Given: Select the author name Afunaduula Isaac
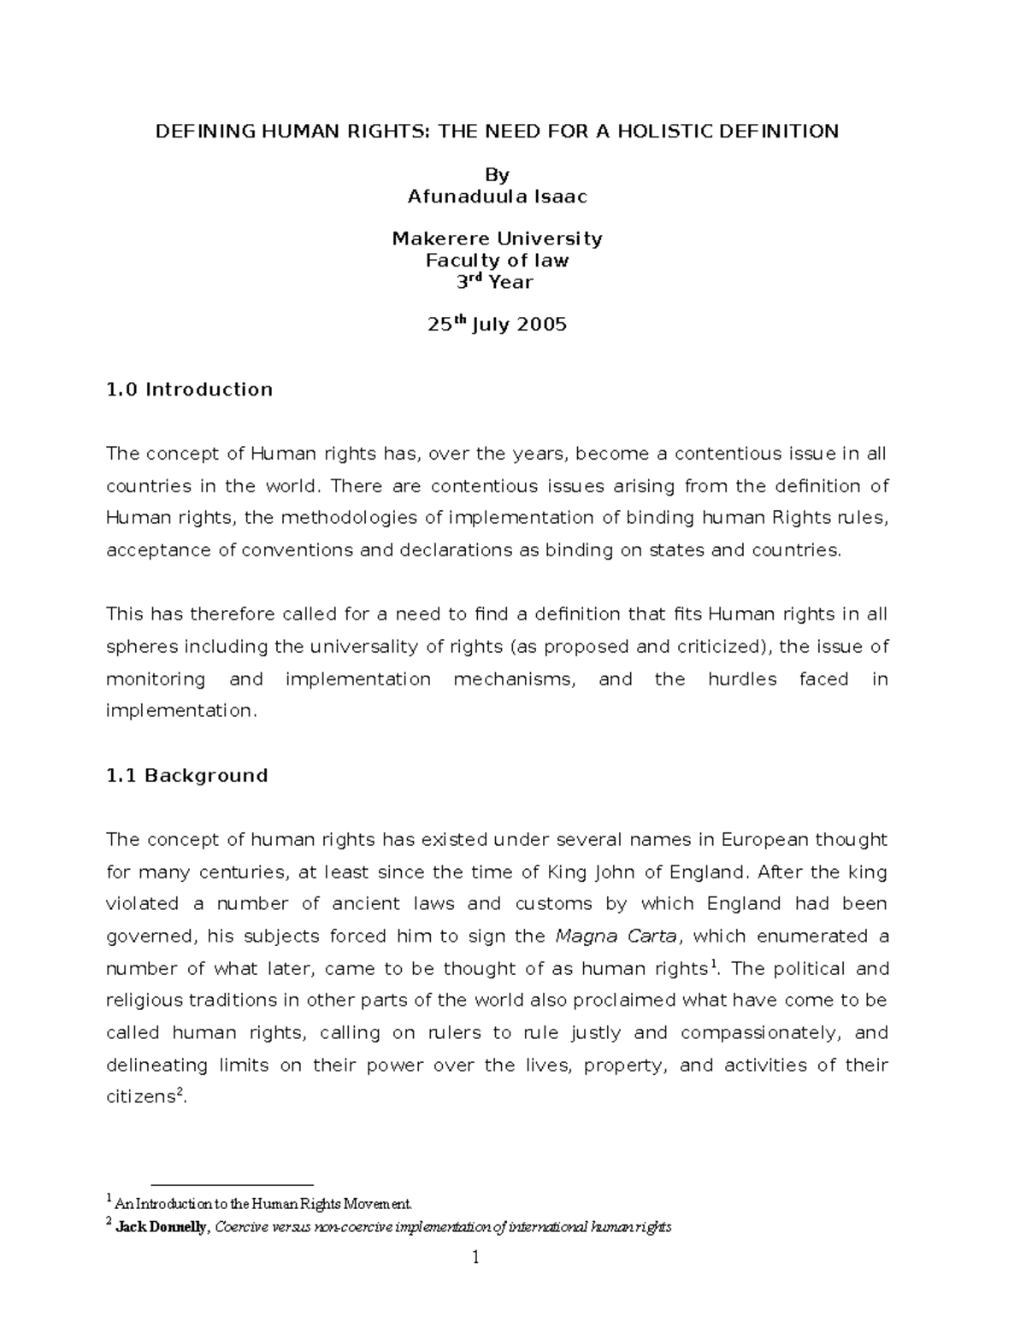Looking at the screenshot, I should pyautogui.click(x=497, y=197).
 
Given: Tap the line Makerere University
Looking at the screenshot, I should pyautogui.click(x=497, y=238).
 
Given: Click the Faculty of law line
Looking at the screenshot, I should pyautogui.click(x=497, y=260).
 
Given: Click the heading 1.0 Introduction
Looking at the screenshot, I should pyautogui.click(x=189, y=390).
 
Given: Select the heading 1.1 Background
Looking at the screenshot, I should pyautogui.click(x=186, y=776).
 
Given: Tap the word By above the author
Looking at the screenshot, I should pyautogui.click(x=497, y=175).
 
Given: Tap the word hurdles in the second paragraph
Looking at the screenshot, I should pyautogui.click(x=742, y=679).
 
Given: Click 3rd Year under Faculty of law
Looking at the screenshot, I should pyautogui.click(x=497, y=282).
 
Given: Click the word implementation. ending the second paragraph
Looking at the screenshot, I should pyautogui.click(x=180, y=711).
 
